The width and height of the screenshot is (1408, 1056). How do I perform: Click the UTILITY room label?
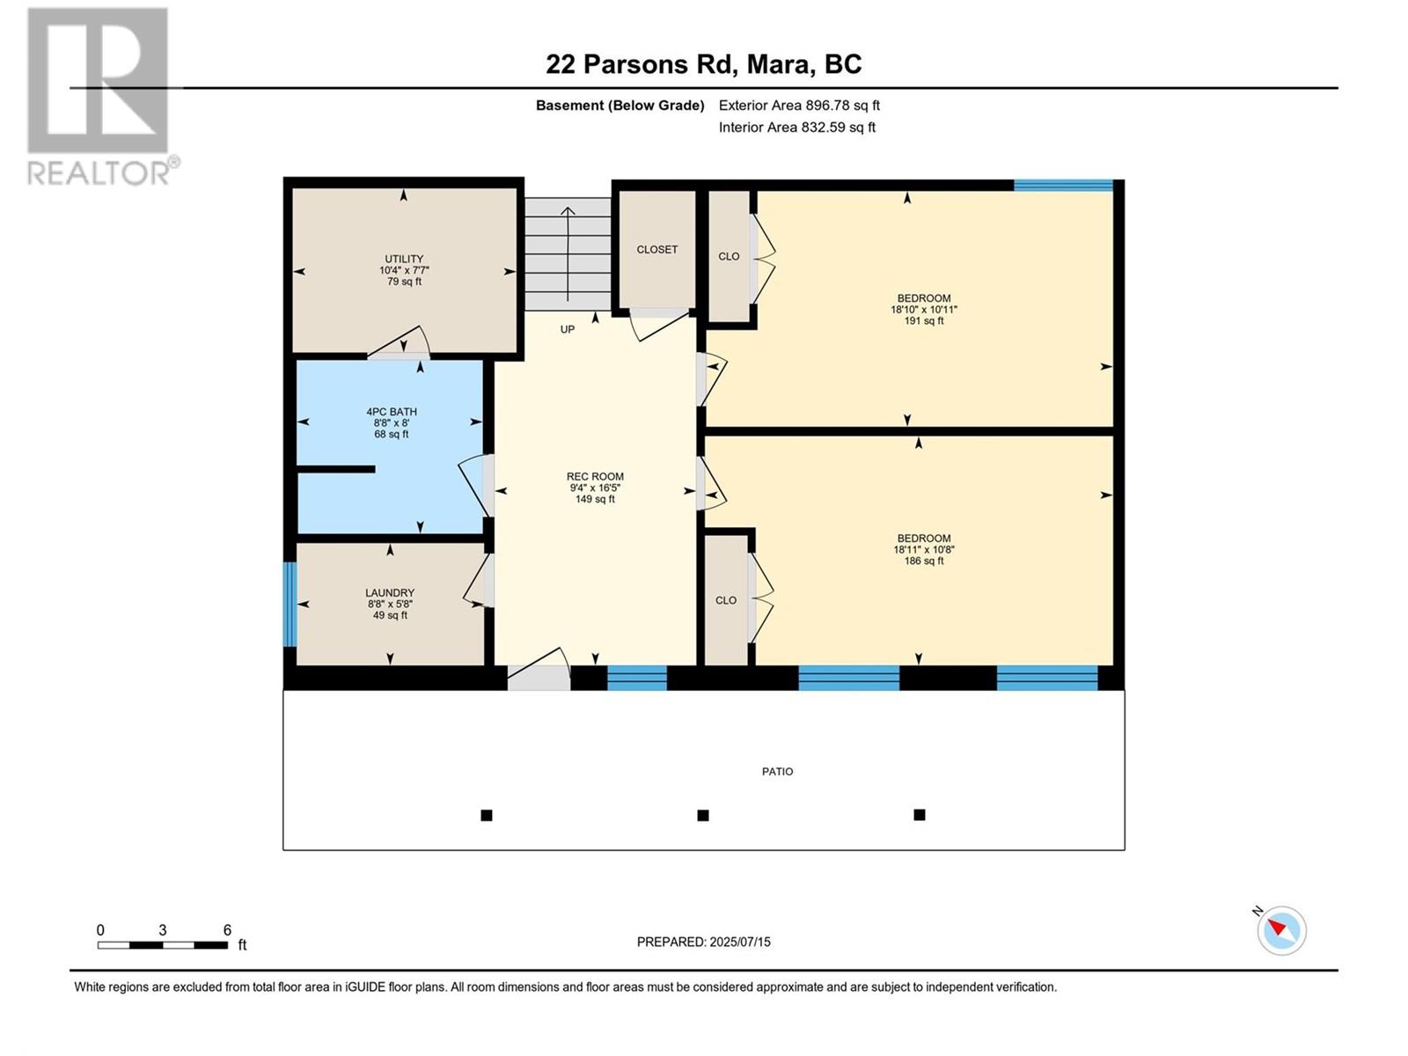click(x=403, y=259)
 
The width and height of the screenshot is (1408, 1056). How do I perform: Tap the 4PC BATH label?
click(x=392, y=412)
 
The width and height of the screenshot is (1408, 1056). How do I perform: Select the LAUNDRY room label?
click(x=390, y=593)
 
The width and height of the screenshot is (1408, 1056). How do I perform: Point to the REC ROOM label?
click(x=595, y=476)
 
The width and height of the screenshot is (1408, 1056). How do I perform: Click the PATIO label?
click(x=777, y=772)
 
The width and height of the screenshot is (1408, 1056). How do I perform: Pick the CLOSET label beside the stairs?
click(x=656, y=249)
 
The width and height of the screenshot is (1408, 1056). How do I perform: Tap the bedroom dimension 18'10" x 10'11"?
click(x=924, y=310)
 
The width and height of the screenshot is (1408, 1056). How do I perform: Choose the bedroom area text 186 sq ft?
click(x=924, y=561)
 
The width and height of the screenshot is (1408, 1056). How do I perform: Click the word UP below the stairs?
click(x=568, y=329)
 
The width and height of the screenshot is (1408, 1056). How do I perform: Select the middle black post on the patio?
click(x=703, y=816)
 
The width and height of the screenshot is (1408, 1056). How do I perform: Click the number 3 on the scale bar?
click(x=162, y=930)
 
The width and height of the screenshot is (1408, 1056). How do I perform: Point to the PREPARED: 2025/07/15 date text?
click(x=704, y=942)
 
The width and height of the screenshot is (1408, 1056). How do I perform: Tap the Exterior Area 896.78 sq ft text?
click(x=799, y=105)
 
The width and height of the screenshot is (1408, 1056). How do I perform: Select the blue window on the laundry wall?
click(x=290, y=604)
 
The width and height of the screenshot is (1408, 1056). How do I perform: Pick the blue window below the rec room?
click(x=637, y=678)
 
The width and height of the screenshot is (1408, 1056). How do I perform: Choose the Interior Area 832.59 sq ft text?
click(x=796, y=127)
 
